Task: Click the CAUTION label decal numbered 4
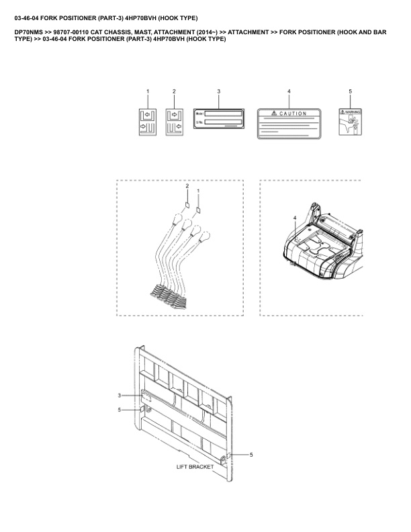pyautogui.click(x=289, y=122)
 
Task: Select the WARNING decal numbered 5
pyautogui.click(x=350, y=122)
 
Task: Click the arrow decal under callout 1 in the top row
pyautogui.click(x=148, y=121)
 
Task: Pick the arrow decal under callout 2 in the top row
pyautogui.click(x=175, y=121)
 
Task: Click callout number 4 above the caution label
pyautogui.click(x=289, y=91)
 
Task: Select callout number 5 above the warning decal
pyautogui.click(x=350, y=91)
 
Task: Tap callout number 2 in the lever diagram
pyautogui.click(x=187, y=185)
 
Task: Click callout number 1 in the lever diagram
pyautogui.click(x=198, y=191)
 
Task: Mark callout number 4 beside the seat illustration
pyautogui.click(x=294, y=218)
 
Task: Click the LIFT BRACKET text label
pyautogui.click(x=195, y=466)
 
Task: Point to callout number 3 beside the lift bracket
pyautogui.click(x=120, y=396)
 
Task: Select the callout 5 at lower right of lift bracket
pyautogui.click(x=251, y=455)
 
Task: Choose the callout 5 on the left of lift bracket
pyautogui.click(x=120, y=410)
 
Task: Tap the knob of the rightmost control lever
pyautogui.click(x=210, y=236)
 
